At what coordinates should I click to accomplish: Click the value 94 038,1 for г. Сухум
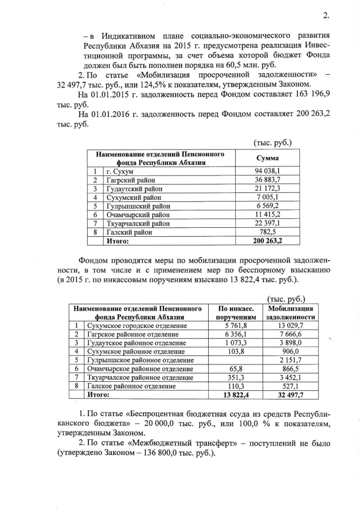click(267, 170)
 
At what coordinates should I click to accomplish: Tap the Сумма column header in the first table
click(268, 158)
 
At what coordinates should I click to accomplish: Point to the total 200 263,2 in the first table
click(267, 241)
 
